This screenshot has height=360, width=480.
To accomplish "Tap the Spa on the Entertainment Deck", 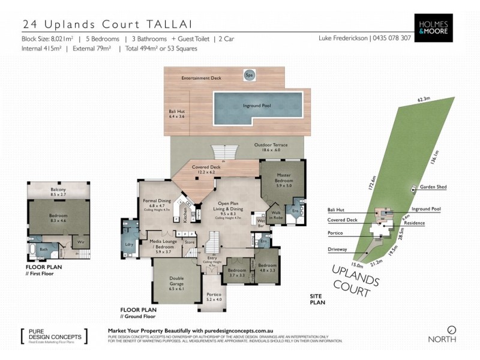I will tap(248, 75).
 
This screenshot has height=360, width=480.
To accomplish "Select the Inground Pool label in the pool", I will tap(257, 106).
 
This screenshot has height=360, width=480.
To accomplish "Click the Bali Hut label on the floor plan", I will tap(176, 114).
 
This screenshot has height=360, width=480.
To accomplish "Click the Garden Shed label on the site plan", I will tap(433, 187).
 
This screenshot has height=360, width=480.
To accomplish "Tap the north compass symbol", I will tap(452, 329).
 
